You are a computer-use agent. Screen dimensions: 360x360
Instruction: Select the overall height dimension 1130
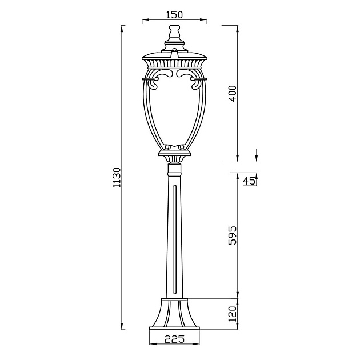pos(117,178)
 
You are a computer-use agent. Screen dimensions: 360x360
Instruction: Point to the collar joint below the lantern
pos(174,169)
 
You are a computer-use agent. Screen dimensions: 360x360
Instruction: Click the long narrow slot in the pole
pos(174,240)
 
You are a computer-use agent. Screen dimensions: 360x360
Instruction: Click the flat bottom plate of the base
pos(174,328)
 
